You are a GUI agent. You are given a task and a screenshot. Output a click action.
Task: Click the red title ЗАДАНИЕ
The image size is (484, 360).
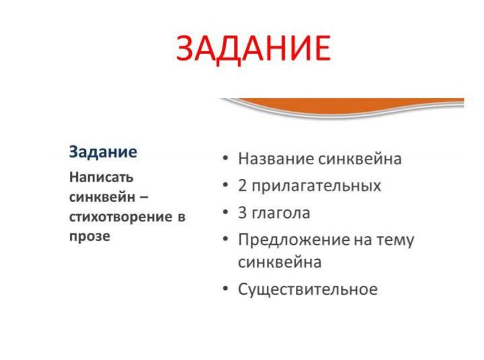point(253,49)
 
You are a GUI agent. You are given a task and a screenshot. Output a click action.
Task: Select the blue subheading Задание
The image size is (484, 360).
point(103,152)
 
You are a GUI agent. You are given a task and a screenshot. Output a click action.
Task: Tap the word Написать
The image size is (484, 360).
point(102,178)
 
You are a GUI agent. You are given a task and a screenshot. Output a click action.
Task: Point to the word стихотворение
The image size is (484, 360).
point(121,217)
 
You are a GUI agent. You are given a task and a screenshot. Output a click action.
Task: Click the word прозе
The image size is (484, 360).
point(90,236)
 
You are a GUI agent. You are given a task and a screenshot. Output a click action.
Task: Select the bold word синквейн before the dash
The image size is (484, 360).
point(102,197)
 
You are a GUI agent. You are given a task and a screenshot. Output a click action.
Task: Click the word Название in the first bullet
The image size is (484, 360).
point(276,159)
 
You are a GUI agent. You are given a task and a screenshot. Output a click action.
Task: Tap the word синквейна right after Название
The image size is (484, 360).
point(360,159)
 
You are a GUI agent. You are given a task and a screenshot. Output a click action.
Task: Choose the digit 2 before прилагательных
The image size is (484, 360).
point(242,186)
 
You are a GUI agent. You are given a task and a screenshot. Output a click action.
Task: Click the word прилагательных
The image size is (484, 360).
point(317,186)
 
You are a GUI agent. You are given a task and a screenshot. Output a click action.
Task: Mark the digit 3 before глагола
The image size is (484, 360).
point(242,213)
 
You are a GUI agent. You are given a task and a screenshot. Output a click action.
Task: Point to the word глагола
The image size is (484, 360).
point(281,213)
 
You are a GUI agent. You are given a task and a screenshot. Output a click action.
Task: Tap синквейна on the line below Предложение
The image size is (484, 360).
point(280,262)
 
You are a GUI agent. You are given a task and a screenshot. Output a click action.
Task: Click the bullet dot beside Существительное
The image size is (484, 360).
point(226,289)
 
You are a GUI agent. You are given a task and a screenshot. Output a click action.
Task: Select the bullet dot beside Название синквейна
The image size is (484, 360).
point(226,158)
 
